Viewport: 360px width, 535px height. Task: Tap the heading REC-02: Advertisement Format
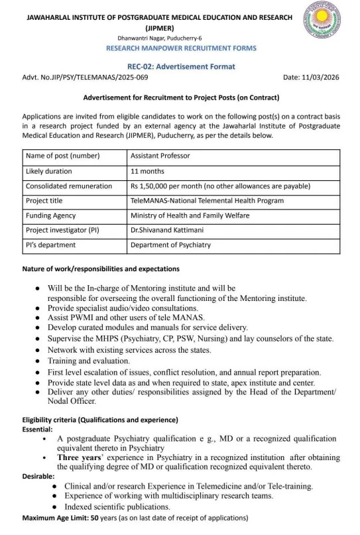point(181,66)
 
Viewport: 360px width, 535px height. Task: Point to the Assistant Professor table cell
point(160,156)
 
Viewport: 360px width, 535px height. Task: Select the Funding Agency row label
point(50,215)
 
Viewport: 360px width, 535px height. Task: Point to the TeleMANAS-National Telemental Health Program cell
point(207,201)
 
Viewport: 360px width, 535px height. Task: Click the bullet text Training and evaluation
point(97,361)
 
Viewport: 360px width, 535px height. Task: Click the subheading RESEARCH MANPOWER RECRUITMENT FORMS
point(181,48)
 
